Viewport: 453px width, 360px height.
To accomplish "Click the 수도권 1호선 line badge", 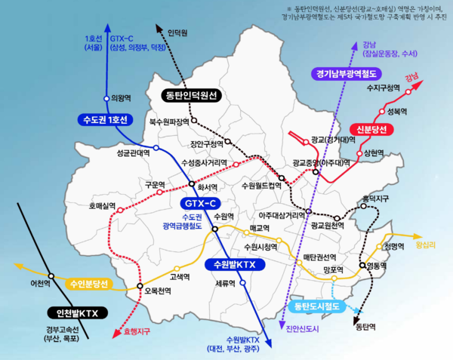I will click(x=105, y=120).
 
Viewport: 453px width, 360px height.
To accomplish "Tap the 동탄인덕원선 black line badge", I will click(x=192, y=95).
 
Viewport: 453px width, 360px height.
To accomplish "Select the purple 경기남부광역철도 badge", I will click(x=348, y=73).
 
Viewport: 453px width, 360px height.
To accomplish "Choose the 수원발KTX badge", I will click(x=235, y=265).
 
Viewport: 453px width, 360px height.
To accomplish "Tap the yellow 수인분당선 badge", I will click(x=89, y=285).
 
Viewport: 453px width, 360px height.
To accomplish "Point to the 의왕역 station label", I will click(x=121, y=97).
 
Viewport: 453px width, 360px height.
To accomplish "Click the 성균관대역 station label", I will click(x=132, y=152).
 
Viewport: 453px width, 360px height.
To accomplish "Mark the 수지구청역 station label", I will click(x=381, y=88).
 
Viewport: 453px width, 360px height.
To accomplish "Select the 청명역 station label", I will click(x=393, y=247).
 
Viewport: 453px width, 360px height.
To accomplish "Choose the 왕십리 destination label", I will click(x=427, y=244).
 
